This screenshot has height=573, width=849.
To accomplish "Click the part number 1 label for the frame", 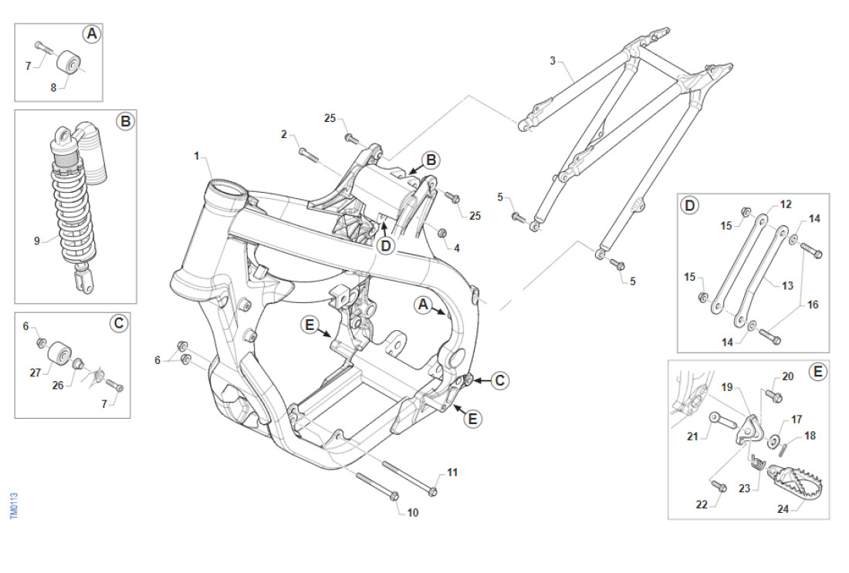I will [197, 156].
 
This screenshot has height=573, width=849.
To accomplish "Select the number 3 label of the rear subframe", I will [553, 60].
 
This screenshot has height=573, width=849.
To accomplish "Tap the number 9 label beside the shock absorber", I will [36, 241].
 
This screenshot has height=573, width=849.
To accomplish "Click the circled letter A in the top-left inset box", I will [92, 34].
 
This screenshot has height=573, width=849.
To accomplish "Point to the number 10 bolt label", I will [412, 512].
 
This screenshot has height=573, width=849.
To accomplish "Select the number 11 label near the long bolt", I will [452, 472].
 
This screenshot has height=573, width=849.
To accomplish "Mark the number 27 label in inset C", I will [35, 372].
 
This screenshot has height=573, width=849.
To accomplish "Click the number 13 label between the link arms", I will [787, 285].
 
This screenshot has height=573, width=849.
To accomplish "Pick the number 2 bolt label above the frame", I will [284, 134].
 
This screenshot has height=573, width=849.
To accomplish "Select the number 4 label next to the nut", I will [457, 248].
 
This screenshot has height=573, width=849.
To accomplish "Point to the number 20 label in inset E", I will [787, 376].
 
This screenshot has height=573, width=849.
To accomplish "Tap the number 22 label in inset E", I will [701, 504].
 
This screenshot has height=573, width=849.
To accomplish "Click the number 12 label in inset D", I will [786, 204].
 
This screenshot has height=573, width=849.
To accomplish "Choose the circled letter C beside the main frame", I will [500, 380].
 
